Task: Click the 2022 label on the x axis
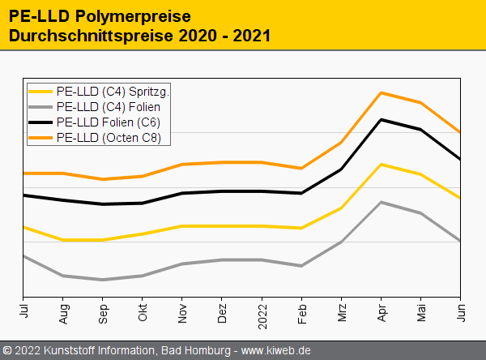pos(262,313)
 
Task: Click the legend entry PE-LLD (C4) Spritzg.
pos(113,92)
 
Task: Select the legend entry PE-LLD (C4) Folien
pos(108,107)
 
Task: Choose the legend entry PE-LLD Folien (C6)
pos(108,122)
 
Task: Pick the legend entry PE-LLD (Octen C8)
pos(109,138)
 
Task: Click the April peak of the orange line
pos(381,92)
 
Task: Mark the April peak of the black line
pos(381,119)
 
